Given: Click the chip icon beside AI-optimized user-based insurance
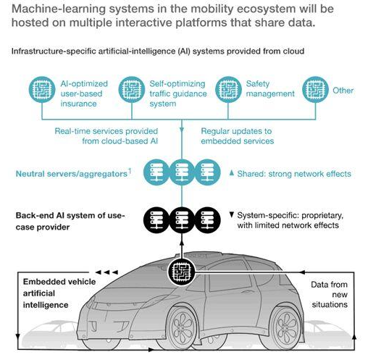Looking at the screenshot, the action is (42, 90).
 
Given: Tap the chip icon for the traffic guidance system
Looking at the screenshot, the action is (132, 90).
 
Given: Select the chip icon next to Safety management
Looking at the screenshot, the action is (228, 90).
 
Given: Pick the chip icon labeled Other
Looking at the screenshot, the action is (315, 90).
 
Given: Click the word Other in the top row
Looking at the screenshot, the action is (343, 91).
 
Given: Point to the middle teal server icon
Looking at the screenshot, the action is (182, 172).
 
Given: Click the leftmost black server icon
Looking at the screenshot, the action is (156, 220).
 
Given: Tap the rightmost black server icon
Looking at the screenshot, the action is (207, 220).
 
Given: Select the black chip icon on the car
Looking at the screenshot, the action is (182, 272).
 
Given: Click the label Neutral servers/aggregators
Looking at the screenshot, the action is (72, 174).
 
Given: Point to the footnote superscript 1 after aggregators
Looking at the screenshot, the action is (129, 171).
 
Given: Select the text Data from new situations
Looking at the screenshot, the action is (330, 295).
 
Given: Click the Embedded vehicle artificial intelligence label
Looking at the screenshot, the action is (59, 293).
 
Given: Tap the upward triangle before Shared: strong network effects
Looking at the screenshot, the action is (232, 173).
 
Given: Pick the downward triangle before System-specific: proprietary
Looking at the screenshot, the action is (232, 215).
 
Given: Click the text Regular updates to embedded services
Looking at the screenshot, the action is (238, 136).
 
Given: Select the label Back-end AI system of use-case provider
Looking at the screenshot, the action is (70, 221).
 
